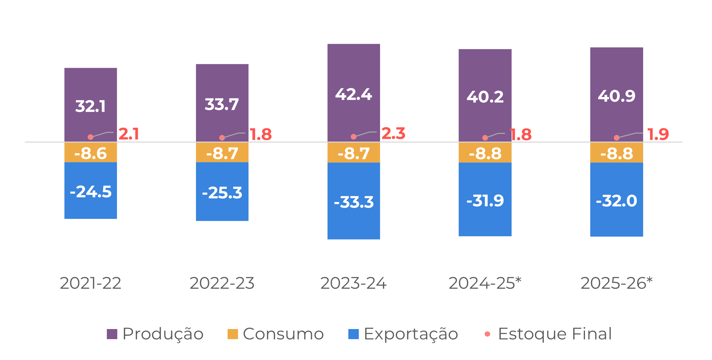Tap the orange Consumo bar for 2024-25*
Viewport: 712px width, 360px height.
pos(485,153)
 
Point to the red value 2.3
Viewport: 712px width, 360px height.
pos(394,134)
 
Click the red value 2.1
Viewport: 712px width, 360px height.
pos(129,134)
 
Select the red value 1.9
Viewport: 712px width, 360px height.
pos(658,135)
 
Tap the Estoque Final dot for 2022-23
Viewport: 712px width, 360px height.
pos(222,138)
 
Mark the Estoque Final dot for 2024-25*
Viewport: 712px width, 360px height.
pos(485,138)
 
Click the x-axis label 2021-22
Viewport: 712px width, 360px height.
pos(90,283)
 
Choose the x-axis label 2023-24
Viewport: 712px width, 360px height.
pos(353,283)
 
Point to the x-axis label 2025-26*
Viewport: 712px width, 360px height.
pos(616,283)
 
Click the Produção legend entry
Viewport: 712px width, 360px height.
pos(155,334)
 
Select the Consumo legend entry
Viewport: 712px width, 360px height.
pos(276,334)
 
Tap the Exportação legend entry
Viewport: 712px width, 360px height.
pos(403,334)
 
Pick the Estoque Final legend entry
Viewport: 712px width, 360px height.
pos(548,334)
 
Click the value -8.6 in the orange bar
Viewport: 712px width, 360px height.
pos(90,153)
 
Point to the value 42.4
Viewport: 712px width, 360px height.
pos(354,95)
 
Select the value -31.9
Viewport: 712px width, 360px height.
pos(485,201)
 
